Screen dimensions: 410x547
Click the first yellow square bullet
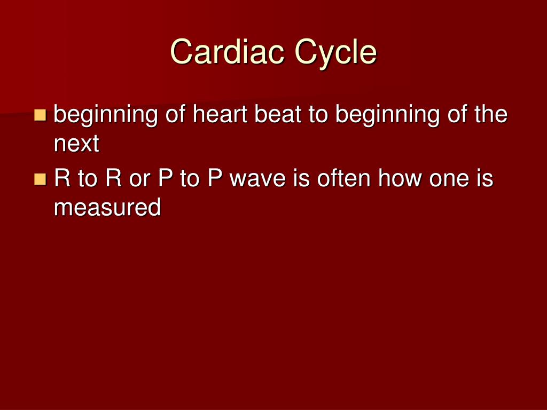40,114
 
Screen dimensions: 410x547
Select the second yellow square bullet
40,178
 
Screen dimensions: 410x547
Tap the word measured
107,207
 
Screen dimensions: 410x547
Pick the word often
340,178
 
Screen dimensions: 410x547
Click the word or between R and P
140,178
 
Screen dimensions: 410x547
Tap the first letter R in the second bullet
62,178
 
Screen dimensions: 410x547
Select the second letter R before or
113,178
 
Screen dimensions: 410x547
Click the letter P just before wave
215,178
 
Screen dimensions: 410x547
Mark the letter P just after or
165,178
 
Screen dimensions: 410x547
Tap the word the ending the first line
490,114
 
